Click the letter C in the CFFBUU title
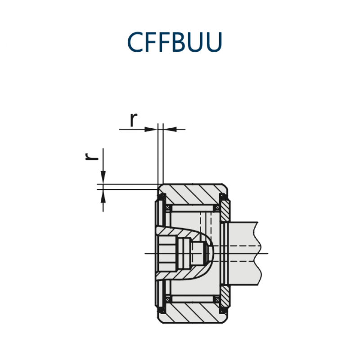pos(136,42)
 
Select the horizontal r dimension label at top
pos(134,120)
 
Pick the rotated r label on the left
pos(92,156)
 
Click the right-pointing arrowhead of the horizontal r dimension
pos(151,130)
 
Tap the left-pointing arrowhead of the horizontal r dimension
pos(170,130)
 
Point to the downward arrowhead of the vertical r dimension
pos(103,177)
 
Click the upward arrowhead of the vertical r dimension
pos(103,196)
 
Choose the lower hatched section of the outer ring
pos(193,313)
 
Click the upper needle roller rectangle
pos(193,208)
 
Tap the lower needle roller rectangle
pos(193,299)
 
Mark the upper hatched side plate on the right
pos(225,211)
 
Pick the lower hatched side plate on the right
pos(225,296)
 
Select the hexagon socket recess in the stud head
pos(166,254)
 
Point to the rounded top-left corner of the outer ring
pos(160,186)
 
